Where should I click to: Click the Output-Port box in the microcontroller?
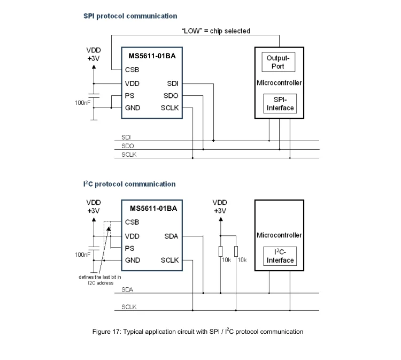pyautogui.click(x=278, y=62)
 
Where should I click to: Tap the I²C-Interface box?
pyautogui.click(x=280, y=256)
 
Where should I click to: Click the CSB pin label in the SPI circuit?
pyautogui.click(x=132, y=70)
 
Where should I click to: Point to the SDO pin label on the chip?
pyautogui.click(x=171, y=96)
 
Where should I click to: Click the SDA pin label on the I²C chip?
pyautogui.click(x=171, y=236)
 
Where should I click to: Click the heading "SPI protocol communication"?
pyautogui.click(x=130, y=16)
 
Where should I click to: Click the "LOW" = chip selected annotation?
pyautogui.click(x=217, y=31)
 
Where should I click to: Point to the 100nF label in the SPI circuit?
pyautogui.click(x=83, y=101)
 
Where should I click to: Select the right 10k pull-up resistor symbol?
pyautogui.click(x=236, y=251)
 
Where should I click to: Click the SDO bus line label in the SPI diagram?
pyautogui.click(x=127, y=145)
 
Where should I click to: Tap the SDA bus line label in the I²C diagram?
pyautogui.click(x=127, y=289)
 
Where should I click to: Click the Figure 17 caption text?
pyautogui.click(x=198, y=332)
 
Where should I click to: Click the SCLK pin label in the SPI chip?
pyautogui.click(x=169, y=108)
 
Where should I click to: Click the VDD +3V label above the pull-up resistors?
pyautogui.click(x=220, y=206)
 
